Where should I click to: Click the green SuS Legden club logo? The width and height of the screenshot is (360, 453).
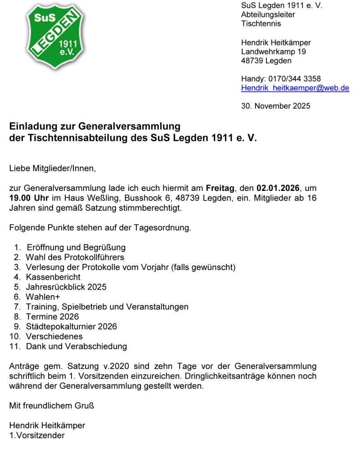[x=55, y=36]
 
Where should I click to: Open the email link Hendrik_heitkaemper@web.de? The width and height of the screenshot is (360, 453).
[x=295, y=88]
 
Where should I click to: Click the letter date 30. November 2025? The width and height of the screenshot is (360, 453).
[x=275, y=106]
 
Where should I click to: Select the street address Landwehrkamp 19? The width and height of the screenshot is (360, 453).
[x=273, y=52]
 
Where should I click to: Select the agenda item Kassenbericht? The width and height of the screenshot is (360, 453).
[x=53, y=277]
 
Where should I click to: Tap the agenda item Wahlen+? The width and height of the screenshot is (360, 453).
[x=43, y=297]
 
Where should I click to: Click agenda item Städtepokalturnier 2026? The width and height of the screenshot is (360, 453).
[x=71, y=326]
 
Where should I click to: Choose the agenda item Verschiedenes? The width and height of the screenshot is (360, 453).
[x=54, y=336]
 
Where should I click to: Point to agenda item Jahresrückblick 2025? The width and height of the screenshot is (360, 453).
[x=66, y=287]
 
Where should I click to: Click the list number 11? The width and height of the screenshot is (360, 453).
[x=15, y=346]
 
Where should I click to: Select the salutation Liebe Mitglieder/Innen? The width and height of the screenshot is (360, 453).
[x=53, y=169]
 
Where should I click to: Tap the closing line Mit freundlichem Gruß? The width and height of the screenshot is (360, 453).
[x=51, y=406]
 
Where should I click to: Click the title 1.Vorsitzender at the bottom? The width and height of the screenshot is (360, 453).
[x=37, y=435]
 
